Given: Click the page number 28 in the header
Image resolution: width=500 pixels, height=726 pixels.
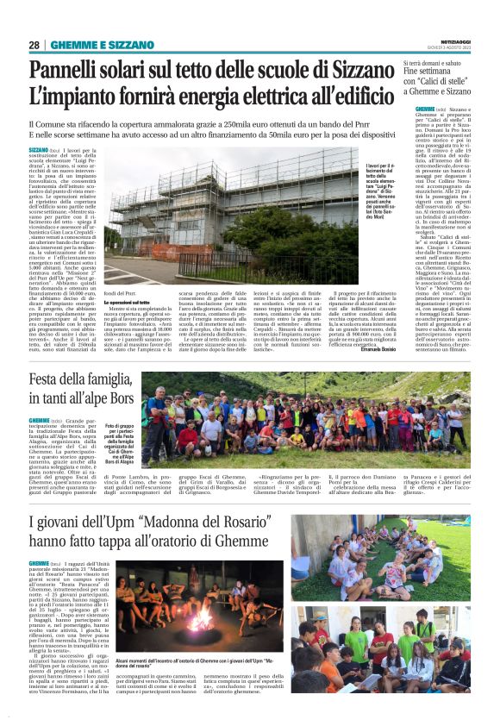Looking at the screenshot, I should point(34,45).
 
